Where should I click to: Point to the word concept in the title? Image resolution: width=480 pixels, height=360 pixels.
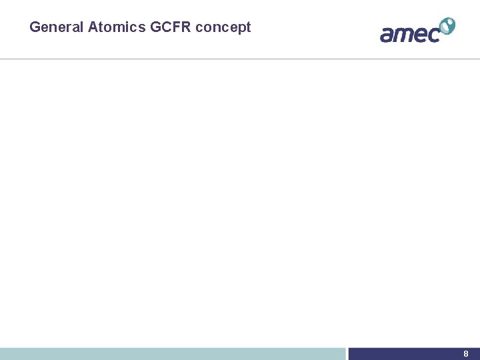pos(223,27)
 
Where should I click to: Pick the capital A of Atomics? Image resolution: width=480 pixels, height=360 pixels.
pos(93,27)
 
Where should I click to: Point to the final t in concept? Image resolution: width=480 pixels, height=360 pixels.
pos(249,27)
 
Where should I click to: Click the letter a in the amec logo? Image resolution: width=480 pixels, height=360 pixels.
pos(387,34)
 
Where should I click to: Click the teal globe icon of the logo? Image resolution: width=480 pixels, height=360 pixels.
pos(447,26)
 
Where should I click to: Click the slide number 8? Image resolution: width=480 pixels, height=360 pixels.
pos(466,354)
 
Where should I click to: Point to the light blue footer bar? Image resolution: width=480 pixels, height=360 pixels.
pos(173,354)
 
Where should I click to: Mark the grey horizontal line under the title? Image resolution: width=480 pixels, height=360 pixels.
pos(240,59)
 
